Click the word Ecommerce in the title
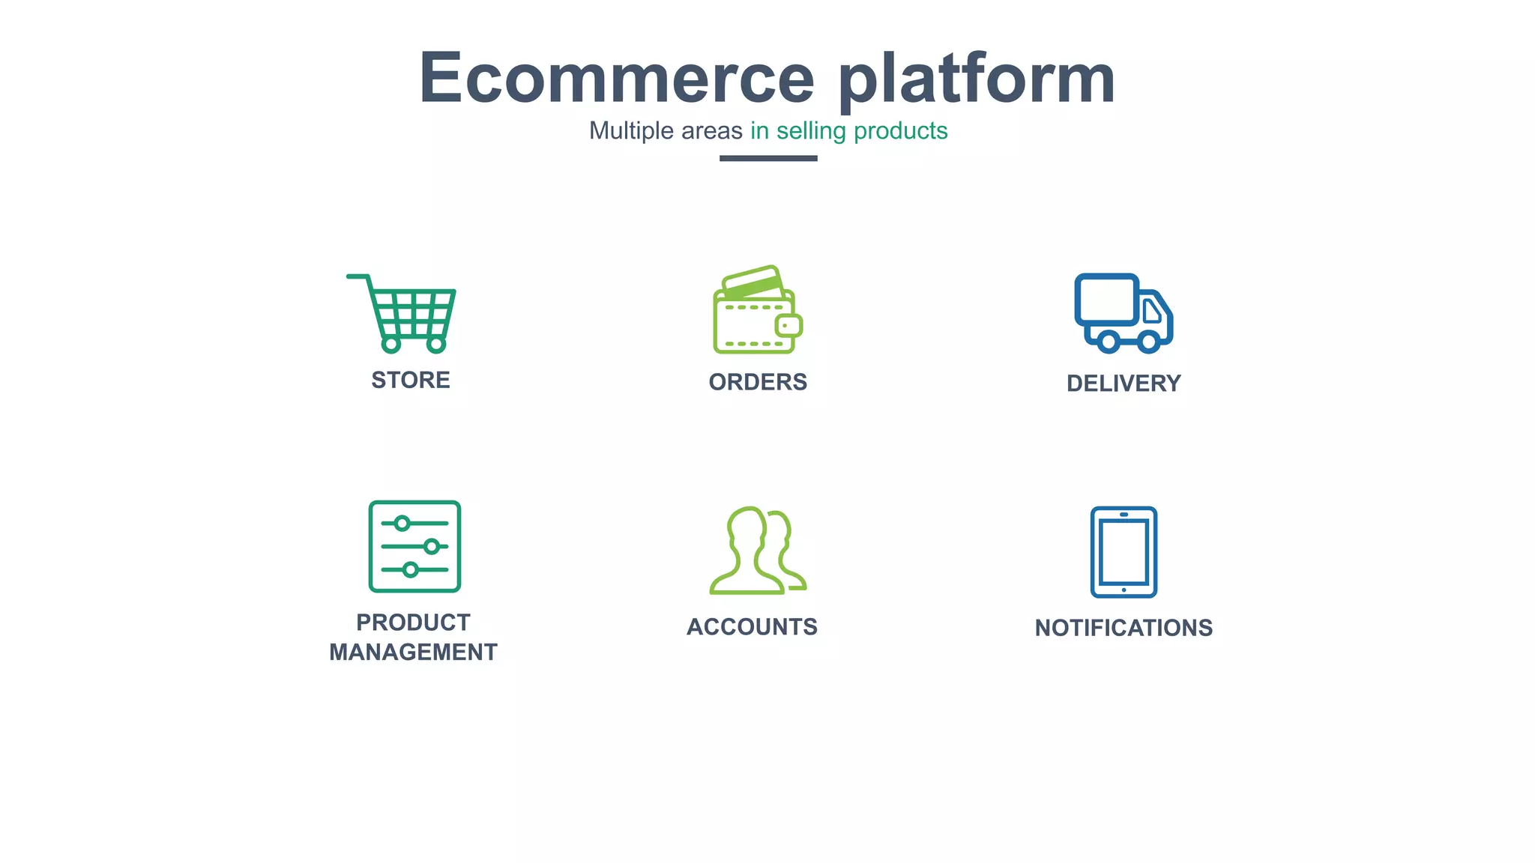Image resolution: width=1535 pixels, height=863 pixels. click(616, 79)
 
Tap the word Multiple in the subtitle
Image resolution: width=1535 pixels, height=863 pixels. click(631, 131)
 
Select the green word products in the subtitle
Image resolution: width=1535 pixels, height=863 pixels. click(900, 131)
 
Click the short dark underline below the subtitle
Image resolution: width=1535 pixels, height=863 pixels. click(768, 158)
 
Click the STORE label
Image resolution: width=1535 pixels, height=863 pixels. click(411, 381)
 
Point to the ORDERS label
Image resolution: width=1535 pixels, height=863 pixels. click(758, 382)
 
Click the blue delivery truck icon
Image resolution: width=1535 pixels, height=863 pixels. click(1123, 313)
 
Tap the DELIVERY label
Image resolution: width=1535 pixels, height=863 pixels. click(1124, 384)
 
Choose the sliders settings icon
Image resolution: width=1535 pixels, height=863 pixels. click(414, 546)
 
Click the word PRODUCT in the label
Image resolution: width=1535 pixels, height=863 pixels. click(413, 623)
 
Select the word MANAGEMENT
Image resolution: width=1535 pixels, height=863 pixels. click(413, 652)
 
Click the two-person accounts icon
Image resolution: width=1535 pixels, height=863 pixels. click(756, 551)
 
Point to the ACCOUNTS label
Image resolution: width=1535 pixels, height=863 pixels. click(752, 627)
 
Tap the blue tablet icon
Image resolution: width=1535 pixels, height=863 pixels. click(1124, 552)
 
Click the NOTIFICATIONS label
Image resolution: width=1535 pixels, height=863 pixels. click(1124, 628)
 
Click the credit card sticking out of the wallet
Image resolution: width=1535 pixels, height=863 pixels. click(753, 282)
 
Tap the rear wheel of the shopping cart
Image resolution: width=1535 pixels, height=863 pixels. click(391, 345)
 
